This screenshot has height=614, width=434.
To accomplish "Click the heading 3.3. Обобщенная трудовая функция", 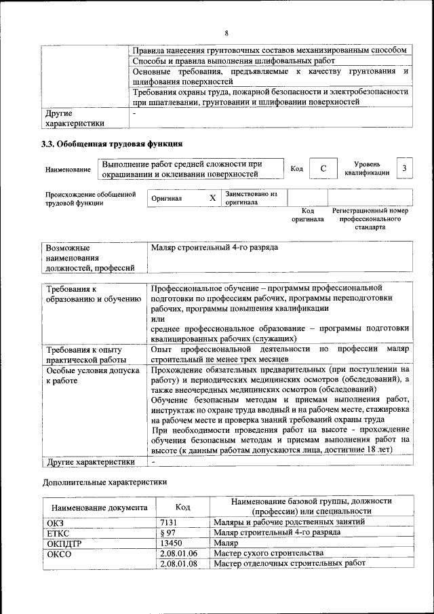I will click(112, 144).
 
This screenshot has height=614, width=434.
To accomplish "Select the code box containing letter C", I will click(323, 168).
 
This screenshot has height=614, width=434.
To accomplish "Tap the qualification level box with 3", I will click(404, 168).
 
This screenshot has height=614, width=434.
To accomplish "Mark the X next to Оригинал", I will click(212, 197).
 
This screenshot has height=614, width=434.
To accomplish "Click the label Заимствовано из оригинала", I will click(252, 197).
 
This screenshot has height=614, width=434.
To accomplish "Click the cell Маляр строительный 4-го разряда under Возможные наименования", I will click(214, 248).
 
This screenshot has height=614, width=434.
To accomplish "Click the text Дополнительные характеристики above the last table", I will click(104, 482).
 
